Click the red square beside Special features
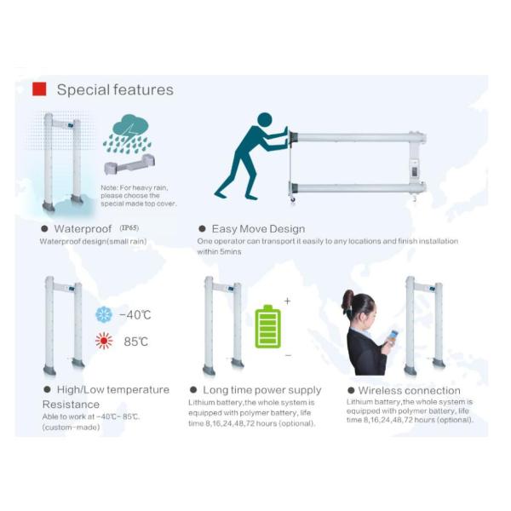[x=38, y=89]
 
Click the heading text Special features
[x=115, y=89]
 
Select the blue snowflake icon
[x=104, y=315]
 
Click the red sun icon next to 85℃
[x=104, y=342]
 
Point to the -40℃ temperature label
[x=135, y=315]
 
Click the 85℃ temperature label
[x=135, y=342]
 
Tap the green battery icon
[x=268, y=327]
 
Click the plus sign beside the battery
[x=287, y=301]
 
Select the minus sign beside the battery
[x=287, y=354]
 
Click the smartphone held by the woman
[x=393, y=336]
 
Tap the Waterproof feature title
[x=83, y=229]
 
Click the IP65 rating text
[x=130, y=228]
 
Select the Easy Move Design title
[x=257, y=229]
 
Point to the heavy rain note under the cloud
[x=130, y=195]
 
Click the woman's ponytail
[x=347, y=301]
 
